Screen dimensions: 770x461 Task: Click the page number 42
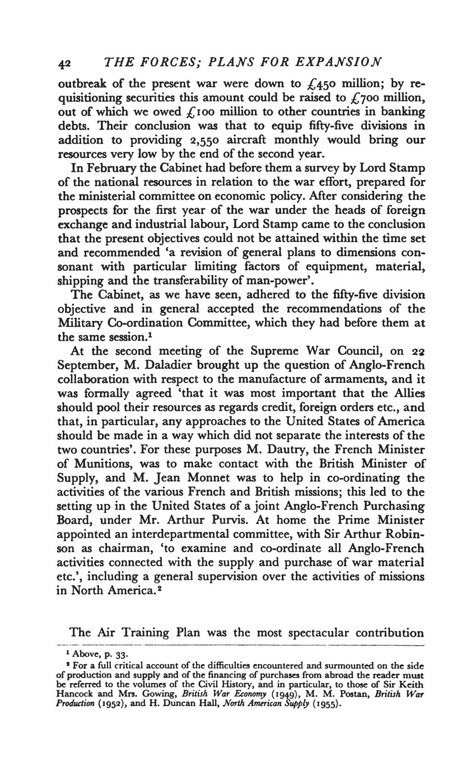tap(66, 62)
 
